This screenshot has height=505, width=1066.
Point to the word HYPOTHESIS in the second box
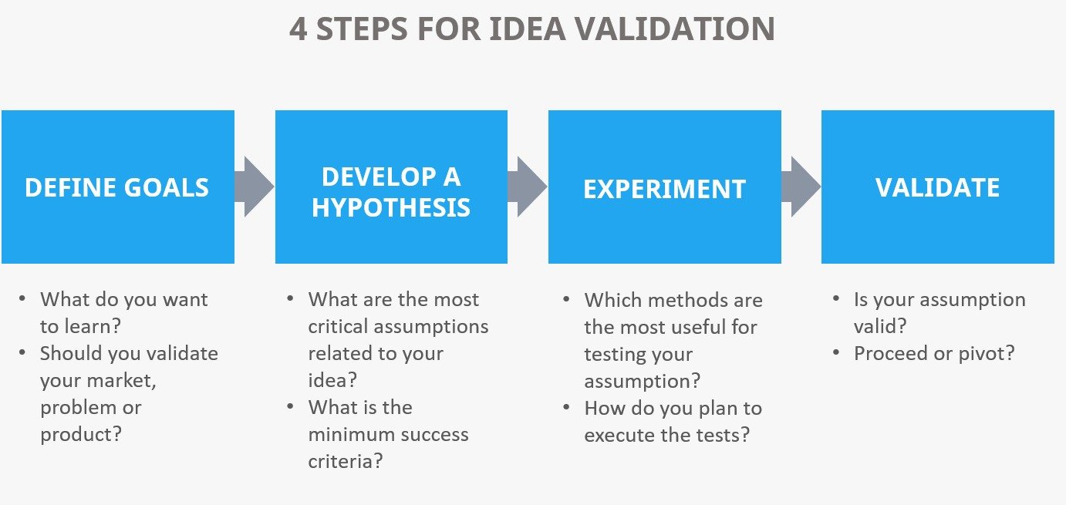pos(391,207)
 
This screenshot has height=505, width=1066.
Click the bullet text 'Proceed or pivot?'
pos(933,353)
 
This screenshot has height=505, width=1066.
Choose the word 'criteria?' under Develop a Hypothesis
pos(346,461)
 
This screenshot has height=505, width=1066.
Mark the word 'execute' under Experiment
pos(616,435)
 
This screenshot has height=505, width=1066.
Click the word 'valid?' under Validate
pos(879,326)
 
